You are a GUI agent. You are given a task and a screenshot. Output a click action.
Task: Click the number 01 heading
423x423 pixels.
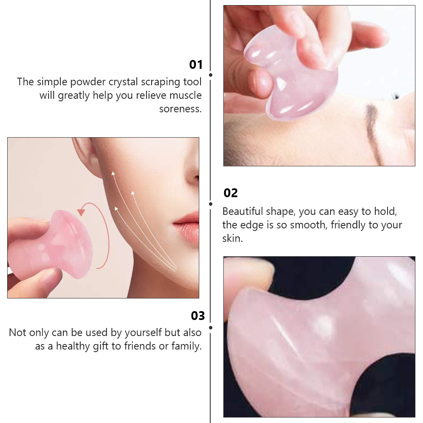tap(196, 65)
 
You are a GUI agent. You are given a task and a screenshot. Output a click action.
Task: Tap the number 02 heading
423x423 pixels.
tap(230, 193)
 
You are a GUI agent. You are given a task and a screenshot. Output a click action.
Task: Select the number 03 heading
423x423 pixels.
tap(198, 316)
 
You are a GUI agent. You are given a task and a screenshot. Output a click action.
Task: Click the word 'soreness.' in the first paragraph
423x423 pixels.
tap(180, 108)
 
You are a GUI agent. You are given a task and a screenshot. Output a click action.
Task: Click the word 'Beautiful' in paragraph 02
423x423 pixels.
tap(243, 211)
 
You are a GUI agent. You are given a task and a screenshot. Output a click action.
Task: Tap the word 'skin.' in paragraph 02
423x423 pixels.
tap(233, 238)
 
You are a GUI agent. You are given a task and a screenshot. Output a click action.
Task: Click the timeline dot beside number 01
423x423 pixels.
tap(211, 75)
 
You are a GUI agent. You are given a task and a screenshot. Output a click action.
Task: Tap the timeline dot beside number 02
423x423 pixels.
tap(211, 204)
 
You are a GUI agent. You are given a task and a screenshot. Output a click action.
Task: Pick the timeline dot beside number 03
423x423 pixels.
tap(211, 327)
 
